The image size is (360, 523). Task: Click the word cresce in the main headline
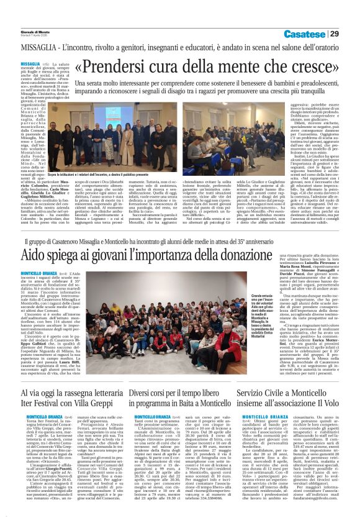click(309, 68)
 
